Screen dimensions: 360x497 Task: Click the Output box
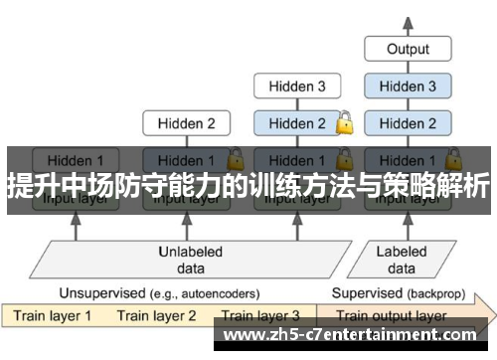coord(408,48)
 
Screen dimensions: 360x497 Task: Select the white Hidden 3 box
coord(294,87)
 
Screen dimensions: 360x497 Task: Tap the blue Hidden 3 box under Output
coord(408,87)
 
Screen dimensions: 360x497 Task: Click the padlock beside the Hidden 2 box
coord(344,123)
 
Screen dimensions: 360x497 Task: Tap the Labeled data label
coord(402,259)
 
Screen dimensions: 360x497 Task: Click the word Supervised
coord(365,294)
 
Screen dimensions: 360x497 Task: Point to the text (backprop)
coord(430,294)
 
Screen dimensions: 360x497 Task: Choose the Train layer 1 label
coord(52,317)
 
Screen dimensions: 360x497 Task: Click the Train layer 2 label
coord(157,317)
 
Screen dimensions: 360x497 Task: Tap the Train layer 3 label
coord(260,317)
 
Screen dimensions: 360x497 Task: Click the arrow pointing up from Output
coord(408,20)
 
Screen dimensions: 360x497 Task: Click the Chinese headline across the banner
coord(248,185)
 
